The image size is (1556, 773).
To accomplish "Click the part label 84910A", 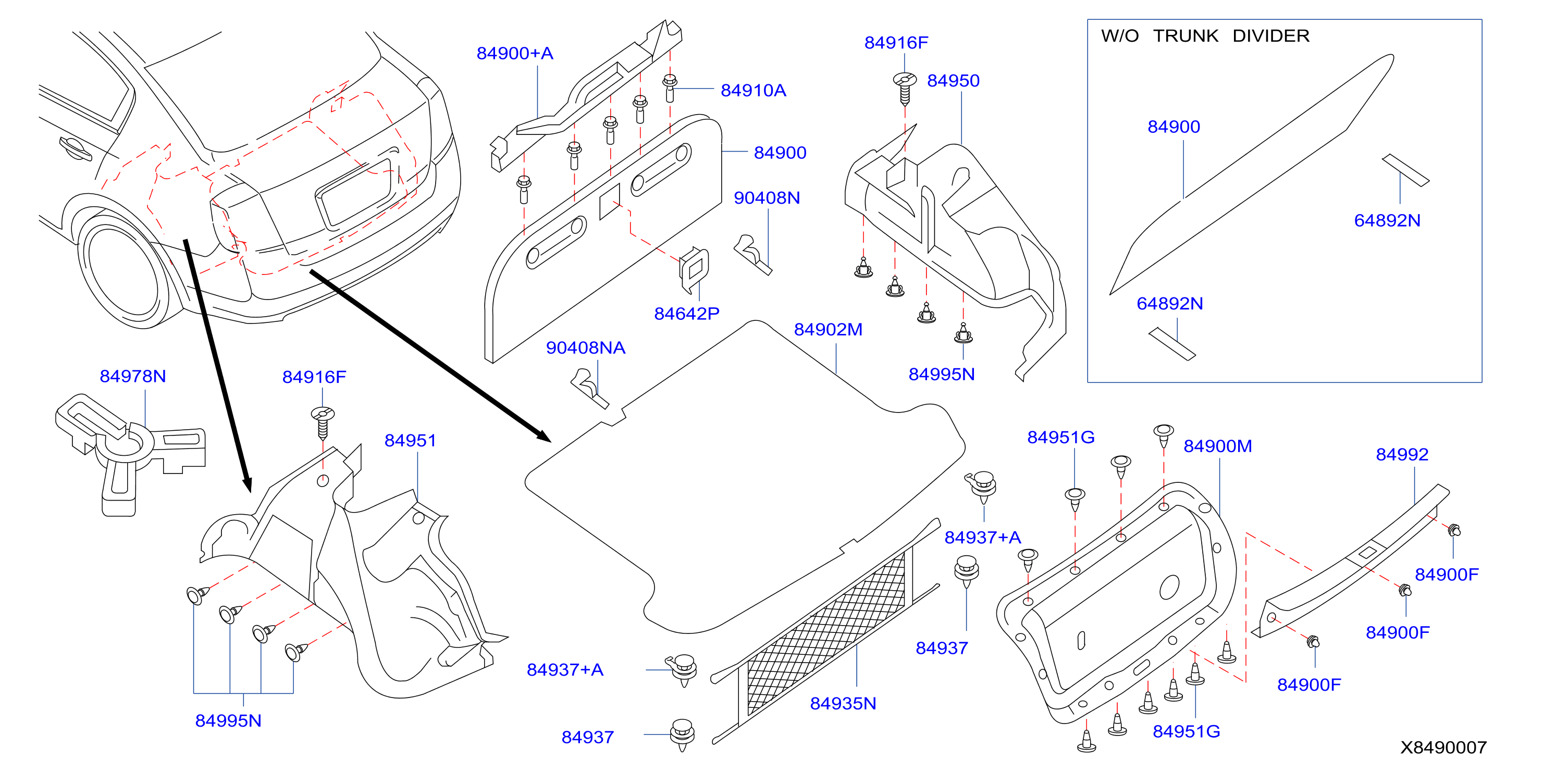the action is tap(753, 91).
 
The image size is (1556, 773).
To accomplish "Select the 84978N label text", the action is tap(133, 376).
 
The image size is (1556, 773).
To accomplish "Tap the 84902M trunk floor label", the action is tap(828, 330).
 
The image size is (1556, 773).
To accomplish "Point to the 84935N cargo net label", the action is tap(843, 704).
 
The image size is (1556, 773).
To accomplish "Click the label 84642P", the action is tap(687, 314).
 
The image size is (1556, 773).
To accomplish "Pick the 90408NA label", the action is tap(585, 348).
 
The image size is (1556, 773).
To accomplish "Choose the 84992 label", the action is tap(1402, 455).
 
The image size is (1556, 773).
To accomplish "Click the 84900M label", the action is tap(1218, 446).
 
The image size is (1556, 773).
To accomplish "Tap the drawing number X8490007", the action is tap(1443, 747).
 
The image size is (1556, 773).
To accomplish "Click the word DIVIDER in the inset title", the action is tap(1271, 36).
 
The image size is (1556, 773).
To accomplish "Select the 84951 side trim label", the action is tap(410, 441).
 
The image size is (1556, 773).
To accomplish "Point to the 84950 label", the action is tap(953, 81).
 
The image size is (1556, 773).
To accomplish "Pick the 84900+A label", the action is tap(515, 54).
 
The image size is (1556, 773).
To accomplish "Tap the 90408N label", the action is tap(767, 198).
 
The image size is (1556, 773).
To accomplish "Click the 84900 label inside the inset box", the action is tap(1174, 127).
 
